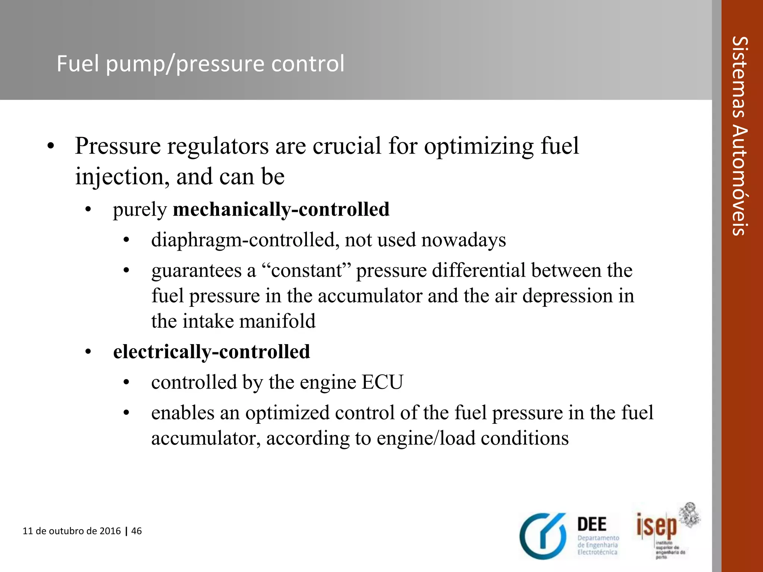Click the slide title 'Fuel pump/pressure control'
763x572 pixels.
click(200, 64)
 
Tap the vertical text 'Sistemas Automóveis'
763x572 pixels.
click(740, 136)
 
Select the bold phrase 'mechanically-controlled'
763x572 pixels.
click(281, 209)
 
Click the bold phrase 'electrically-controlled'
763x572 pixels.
click(211, 352)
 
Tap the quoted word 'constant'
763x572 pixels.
click(307, 270)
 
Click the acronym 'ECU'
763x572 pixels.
click(382, 382)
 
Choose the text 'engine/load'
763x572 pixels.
click(425, 438)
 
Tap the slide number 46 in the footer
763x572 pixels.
click(137, 531)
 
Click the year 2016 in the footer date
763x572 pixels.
click(110, 531)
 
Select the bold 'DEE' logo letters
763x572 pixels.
click(592, 524)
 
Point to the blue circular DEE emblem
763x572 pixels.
click(543, 536)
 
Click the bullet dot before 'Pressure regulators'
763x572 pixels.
click(51, 146)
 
